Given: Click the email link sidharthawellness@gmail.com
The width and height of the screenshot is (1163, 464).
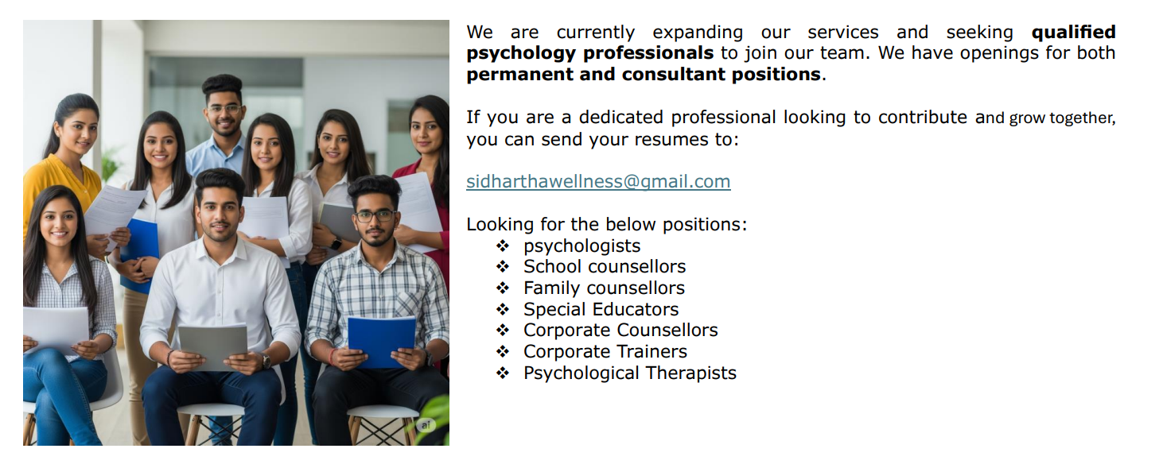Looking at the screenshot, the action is [598, 181].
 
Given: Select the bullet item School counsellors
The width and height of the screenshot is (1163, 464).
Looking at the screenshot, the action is [605, 266].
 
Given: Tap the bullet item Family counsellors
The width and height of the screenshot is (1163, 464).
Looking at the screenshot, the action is [604, 288].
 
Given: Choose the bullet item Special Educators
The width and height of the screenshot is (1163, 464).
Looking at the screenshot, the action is [601, 309].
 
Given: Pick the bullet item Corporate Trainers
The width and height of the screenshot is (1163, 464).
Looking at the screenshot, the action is [605, 351].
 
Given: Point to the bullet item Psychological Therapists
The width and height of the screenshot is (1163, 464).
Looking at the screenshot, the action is [630, 373].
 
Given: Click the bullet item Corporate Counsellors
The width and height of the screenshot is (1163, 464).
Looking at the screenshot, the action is [620, 331].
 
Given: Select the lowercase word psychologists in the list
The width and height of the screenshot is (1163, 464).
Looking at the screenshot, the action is [581, 246].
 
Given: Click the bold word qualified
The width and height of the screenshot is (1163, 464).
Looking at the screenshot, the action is [1073, 33].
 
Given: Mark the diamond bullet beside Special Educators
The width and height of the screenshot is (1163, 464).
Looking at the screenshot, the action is [502, 310].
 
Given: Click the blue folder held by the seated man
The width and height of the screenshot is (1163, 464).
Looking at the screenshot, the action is [382, 342].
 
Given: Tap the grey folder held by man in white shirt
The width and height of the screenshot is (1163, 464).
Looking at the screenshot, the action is [213, 346].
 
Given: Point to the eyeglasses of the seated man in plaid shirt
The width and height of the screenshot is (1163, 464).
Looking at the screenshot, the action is [375, 215].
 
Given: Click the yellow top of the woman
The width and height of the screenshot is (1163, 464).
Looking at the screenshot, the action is [60, 190].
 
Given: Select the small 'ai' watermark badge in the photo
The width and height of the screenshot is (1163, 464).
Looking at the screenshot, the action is [426, 426].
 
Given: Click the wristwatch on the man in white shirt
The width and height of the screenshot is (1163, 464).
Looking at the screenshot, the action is [266, 360].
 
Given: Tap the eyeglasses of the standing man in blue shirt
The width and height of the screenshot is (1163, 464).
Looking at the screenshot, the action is [224, 109].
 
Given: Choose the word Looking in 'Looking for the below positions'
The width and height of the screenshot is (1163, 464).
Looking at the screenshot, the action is [500, 225].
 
